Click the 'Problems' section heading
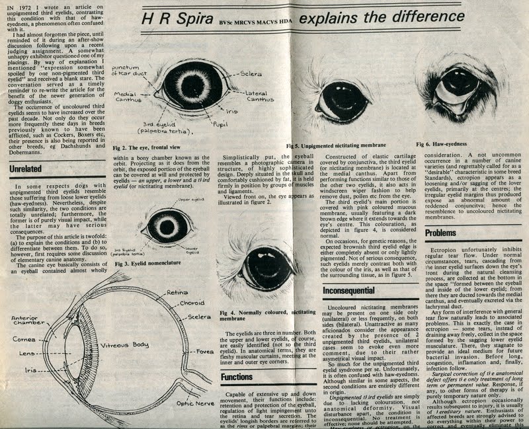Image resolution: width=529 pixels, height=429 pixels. click(441, 233)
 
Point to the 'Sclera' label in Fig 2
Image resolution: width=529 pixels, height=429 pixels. click(252, 73)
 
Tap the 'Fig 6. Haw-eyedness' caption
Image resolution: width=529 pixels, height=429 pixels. click(441, 143)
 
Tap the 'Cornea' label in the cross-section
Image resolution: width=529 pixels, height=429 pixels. click(24, 339)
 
